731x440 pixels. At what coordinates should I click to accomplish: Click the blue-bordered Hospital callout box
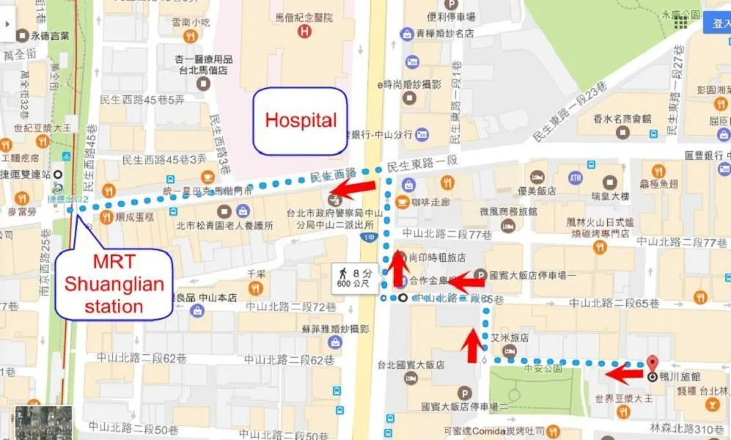point(300,121)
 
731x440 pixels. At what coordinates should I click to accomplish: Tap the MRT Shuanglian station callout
point(114,284)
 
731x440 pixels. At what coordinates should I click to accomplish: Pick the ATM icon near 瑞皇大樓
point(575,177)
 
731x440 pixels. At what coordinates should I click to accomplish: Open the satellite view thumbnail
point(44,422)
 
